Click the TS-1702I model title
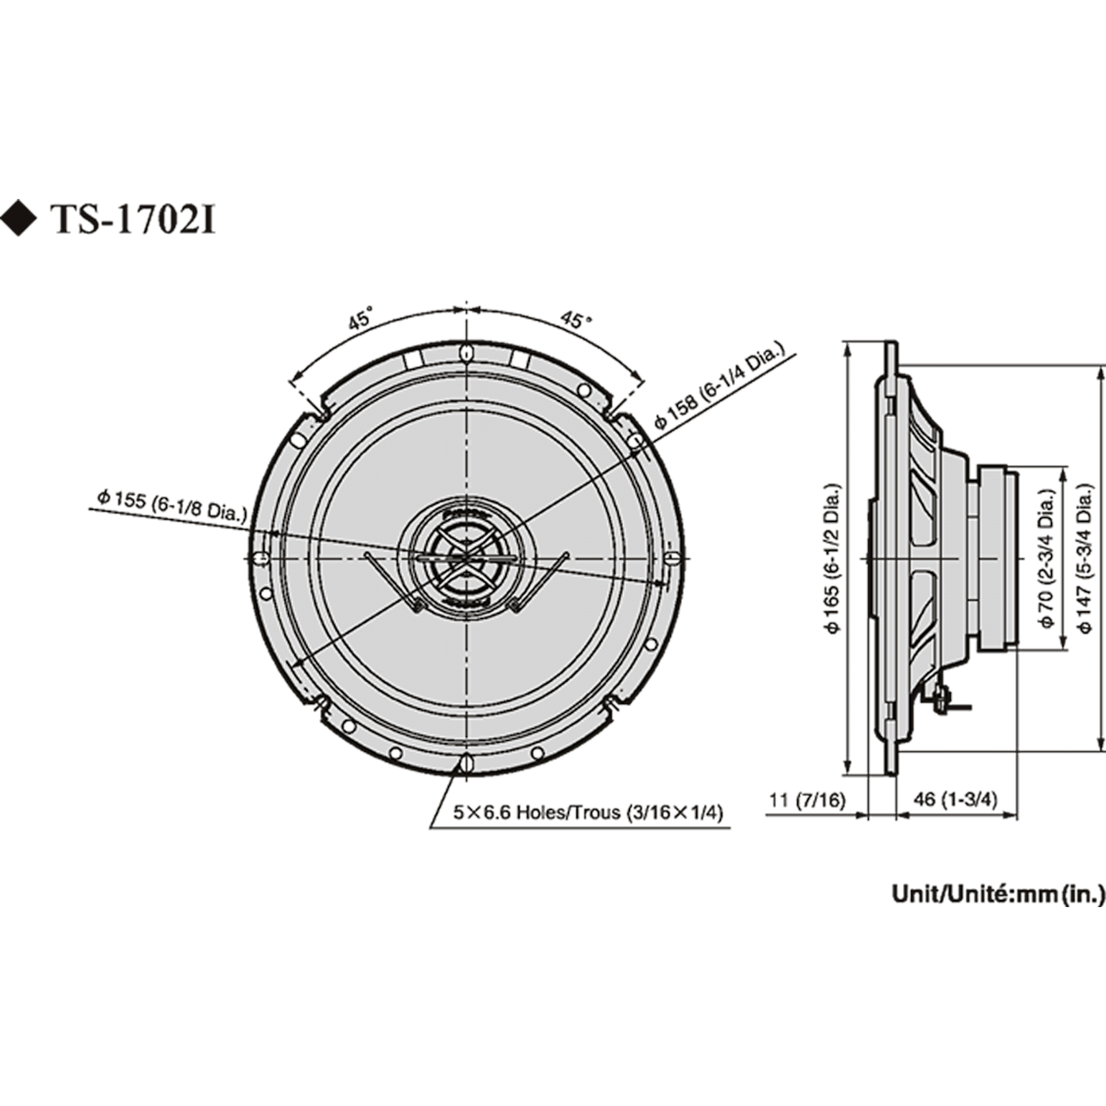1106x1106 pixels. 133,220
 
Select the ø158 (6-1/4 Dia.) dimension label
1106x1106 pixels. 719,386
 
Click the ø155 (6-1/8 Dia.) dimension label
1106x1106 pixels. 171,504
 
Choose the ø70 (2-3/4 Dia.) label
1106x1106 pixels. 1047,557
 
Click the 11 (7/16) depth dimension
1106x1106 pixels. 806,800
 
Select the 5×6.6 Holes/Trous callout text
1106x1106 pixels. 588,812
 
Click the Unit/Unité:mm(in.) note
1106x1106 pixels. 998,894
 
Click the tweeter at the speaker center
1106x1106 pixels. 465,558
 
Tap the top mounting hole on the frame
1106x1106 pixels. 465,352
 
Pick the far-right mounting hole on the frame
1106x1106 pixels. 672,558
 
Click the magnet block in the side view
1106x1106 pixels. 995,557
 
